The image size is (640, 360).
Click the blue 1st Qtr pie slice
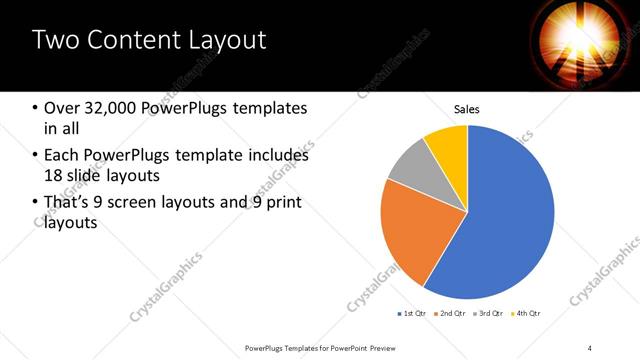(x=510, y=220)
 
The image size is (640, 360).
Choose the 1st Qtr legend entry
(x=412, y=313)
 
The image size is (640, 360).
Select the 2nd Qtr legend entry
(x=450, y=313)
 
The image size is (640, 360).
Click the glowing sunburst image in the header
(x=574, y=40)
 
